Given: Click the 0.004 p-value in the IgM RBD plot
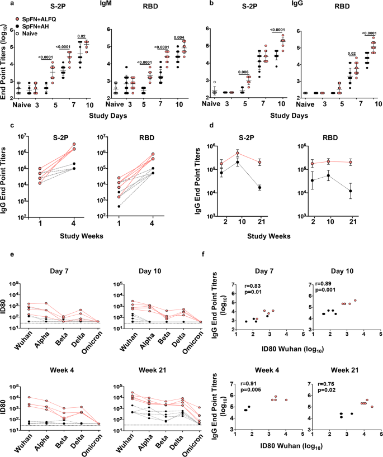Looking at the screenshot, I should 179,38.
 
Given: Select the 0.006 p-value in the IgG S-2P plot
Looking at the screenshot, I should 243,72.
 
